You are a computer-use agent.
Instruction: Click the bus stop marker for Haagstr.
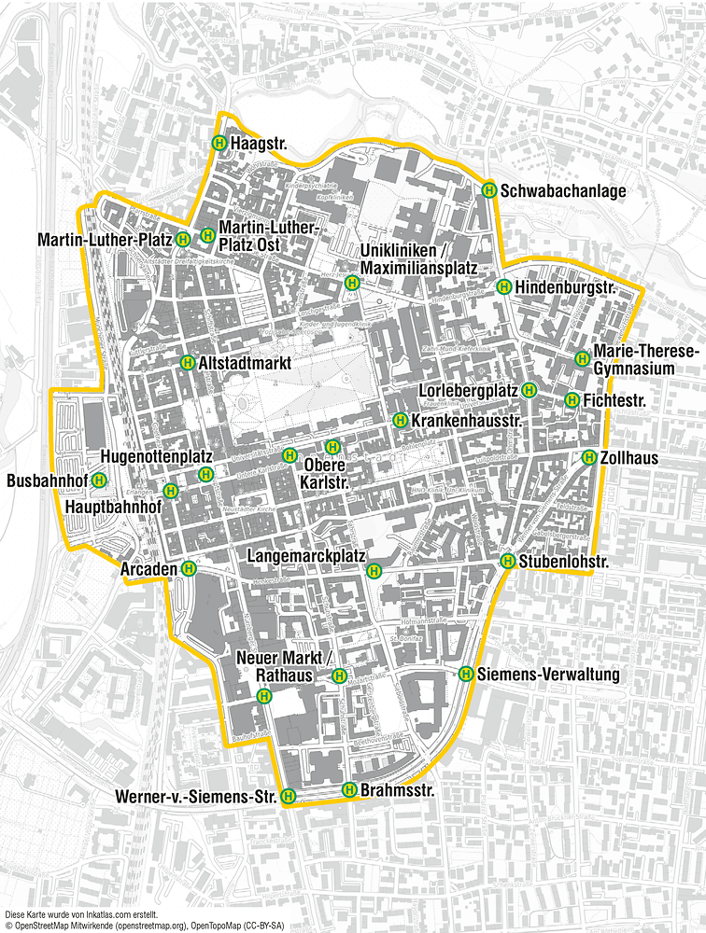click(x=219, y=144)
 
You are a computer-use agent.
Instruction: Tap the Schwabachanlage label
click(x=563, y=190)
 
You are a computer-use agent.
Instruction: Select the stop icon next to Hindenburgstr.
click(x=503, y=286)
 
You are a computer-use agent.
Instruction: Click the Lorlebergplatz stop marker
click(x=529, y=389)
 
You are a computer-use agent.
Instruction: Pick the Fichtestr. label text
click(x=615, y=400)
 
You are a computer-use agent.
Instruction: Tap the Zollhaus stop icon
click(x=589, y=457)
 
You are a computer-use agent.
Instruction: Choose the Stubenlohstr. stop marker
click(x=507, y=561)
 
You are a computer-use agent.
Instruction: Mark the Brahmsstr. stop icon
click(x=349, y=789)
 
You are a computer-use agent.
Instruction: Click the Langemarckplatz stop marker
click(x=374, y=570)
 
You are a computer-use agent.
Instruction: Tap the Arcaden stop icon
click(x=190, y=566)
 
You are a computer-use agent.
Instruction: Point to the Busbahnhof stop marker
click(x=99, y=480)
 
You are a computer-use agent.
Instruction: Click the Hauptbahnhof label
click(x=113, y=506)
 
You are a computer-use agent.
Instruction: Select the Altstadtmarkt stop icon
click(x=187, y=362)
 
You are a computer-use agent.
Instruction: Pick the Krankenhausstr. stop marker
click(x=400, y=420)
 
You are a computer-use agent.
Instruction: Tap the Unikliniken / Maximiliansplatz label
click(x=418, y=259)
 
